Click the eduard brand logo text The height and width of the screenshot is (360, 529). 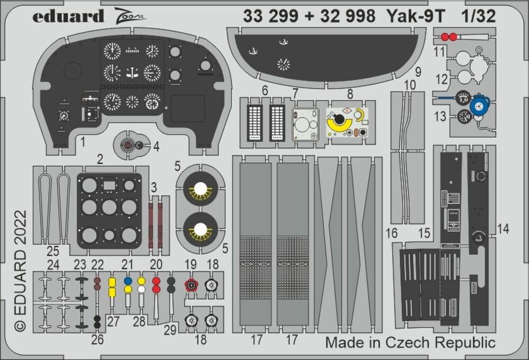68,16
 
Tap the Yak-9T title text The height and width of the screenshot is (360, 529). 412,16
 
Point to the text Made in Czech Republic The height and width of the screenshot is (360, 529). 411,342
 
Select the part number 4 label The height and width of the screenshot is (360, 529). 156,147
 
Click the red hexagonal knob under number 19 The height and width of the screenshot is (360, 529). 190,285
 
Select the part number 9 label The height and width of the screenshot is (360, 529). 417,71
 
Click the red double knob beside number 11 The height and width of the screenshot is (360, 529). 449,37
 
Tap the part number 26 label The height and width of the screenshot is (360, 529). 97,339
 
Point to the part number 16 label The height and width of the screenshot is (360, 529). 392,233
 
